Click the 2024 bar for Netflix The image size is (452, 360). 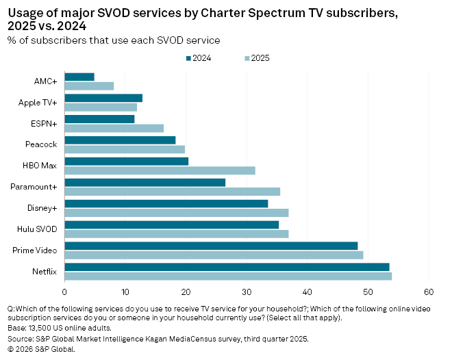coord(227,267)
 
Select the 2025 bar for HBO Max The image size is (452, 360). coord(160,170)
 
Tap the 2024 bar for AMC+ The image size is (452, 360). coord(79,77)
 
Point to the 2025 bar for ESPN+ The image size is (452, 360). coord(114,128)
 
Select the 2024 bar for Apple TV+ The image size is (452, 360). coord(103,98)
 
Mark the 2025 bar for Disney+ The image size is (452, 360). coord(176,213)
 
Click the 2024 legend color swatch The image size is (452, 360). coord(188,58)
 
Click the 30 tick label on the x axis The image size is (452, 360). coord(247,289)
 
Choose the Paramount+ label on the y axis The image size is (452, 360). coord(36,187)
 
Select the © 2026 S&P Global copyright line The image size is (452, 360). coord(40,348)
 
